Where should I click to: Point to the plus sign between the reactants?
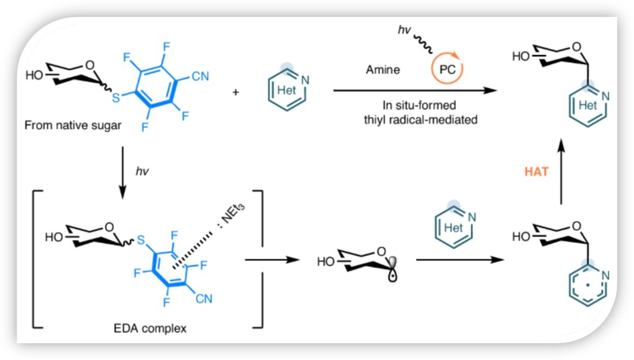(x=236, y=92)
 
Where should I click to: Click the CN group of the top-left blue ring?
(x=199, y=76)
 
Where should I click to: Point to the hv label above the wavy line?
(x=404, y=32)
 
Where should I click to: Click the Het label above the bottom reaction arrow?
(x=453, y=227)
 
